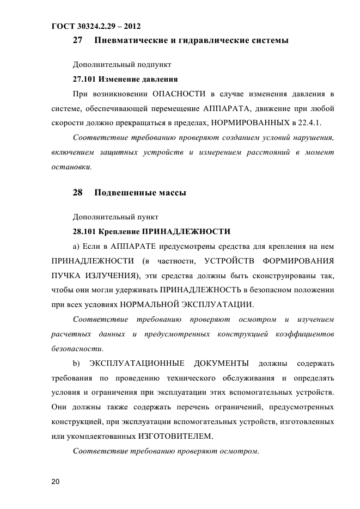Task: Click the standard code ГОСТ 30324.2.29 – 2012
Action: pos(96,26)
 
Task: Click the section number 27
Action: pos(77,40)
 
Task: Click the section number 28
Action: pos(77,193)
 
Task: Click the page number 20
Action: pos(55,482)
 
